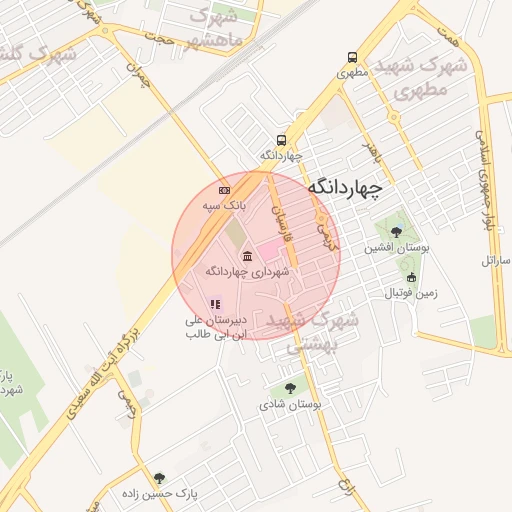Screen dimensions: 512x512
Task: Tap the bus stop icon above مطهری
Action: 352,58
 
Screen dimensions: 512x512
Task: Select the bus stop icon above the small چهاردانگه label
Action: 282,140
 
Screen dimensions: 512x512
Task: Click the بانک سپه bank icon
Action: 224,190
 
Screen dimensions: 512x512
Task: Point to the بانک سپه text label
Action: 223,205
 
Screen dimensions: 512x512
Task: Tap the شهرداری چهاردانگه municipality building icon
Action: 247,257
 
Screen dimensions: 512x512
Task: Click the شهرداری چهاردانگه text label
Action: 247,271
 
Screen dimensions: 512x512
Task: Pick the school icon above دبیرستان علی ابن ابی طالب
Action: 215,304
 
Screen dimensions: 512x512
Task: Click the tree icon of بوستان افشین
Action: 397,232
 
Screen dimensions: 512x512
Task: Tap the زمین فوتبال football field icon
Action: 411,278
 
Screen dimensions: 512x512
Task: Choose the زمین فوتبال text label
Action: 411,294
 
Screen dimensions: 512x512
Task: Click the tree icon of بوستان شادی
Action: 290,389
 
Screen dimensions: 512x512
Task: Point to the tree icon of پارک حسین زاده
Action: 159,478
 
